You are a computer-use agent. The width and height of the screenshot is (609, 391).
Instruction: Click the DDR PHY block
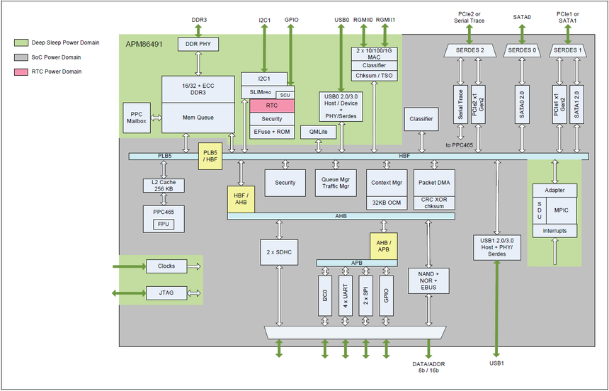click(198, 45)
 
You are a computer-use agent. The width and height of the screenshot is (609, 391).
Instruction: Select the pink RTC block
click(272, 106)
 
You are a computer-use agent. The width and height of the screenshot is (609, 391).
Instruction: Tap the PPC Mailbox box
click(137, 118)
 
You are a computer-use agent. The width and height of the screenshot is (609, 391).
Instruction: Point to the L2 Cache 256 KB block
click(164, 186)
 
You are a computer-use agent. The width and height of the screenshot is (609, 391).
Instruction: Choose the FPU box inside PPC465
click(164, 225)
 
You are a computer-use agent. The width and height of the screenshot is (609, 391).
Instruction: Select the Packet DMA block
click(433, 182)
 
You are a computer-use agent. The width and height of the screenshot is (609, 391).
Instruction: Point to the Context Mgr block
click(387, 182)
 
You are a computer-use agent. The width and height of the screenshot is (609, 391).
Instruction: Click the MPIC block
click(562, 211)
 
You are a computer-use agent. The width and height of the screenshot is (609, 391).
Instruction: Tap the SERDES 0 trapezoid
click(521, 50)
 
